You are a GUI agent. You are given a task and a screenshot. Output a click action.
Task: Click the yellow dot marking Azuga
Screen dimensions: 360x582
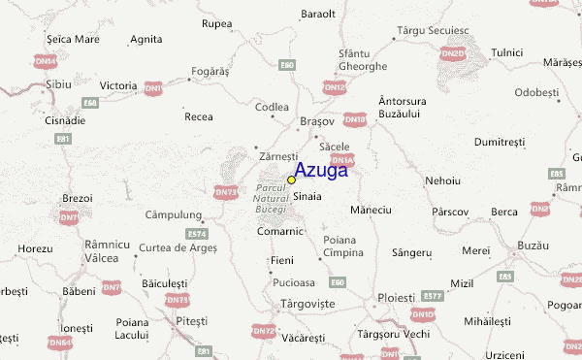291,180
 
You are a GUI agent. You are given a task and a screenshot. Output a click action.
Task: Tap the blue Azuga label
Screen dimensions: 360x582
321,171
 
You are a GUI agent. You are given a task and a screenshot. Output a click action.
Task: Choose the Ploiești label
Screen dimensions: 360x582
396,296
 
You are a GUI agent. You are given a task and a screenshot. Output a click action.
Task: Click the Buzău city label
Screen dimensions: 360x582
534,245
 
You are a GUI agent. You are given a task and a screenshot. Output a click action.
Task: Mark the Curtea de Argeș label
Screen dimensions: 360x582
176,247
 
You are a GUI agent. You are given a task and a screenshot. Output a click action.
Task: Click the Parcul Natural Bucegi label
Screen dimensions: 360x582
271,198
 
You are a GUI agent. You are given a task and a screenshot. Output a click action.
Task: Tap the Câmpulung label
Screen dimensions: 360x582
173,214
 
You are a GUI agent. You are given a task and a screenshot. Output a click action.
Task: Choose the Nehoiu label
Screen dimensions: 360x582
442,181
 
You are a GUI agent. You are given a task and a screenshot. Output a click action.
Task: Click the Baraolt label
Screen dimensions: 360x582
317,14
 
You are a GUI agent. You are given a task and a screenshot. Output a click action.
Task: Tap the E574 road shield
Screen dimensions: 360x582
198,234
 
